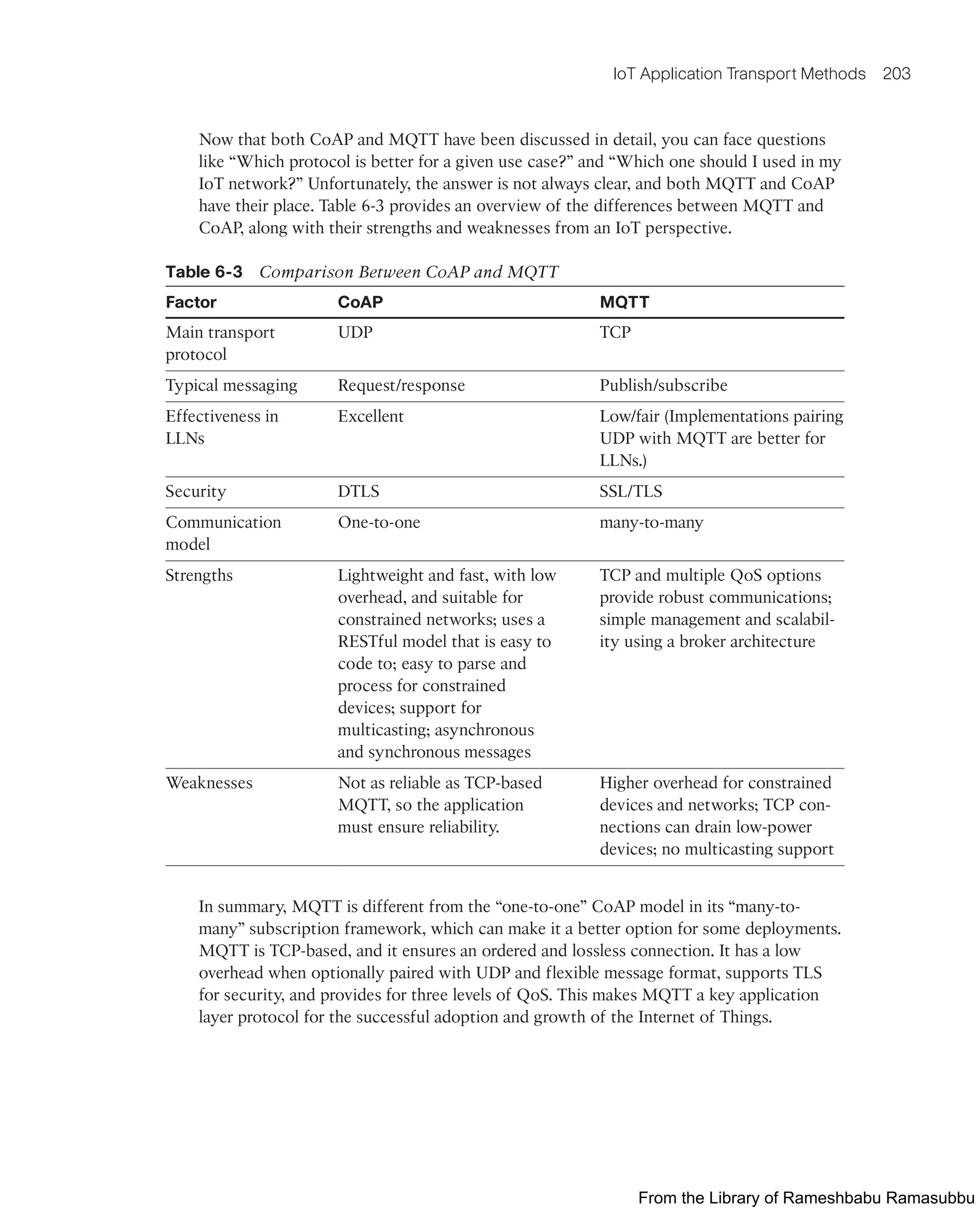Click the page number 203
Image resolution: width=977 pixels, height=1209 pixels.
(896, 74)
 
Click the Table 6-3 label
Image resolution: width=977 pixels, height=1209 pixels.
(204, 272)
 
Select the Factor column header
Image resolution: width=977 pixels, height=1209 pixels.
(191, 302)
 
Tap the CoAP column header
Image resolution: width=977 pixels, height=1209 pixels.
(360, 302)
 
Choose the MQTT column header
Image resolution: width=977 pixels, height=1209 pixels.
(624, 302)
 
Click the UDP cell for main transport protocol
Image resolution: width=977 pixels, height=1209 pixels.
(354, 332)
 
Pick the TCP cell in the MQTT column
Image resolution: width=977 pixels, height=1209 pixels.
(614, 332)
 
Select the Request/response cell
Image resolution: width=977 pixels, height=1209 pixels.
(401, 386)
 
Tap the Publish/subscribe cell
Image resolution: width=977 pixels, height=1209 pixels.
(663, 386)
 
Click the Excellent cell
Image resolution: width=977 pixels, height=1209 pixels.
(370, 417)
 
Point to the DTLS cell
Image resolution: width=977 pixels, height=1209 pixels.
(358, 491)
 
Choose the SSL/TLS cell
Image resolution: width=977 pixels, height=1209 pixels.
(630, 491)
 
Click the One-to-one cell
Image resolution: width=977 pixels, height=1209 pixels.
(379, 522)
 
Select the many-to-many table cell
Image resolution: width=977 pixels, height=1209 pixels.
(651, 522)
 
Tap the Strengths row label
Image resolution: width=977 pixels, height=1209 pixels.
(198, 575)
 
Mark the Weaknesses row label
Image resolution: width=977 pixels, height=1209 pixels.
(209, 783)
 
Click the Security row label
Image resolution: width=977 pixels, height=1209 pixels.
(195, 491)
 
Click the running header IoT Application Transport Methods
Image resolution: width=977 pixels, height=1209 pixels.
(739, 74)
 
